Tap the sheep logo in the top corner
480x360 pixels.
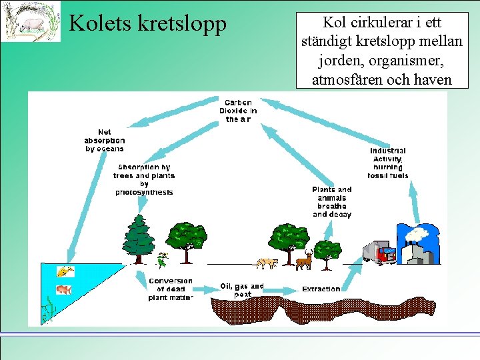(x=30, y=21)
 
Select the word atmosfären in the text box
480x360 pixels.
(x=345, y=80)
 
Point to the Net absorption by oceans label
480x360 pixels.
(x=104, y=141)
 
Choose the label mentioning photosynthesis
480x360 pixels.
(x=144, y=180)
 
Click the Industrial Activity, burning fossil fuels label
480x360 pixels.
(x=388, y=163)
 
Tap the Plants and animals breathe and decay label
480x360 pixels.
(x=331, y=202)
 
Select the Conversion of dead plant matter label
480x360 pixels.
(x=171, y=289)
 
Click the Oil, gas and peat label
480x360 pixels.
(x=242, y=290)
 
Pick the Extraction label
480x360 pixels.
(x=321, y=289)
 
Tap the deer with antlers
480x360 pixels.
(x=304, y=259)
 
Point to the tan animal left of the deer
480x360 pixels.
(x=267, y=263)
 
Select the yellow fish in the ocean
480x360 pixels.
(x=65, y=271)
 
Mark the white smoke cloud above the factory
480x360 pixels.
(x=418, y=234)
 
